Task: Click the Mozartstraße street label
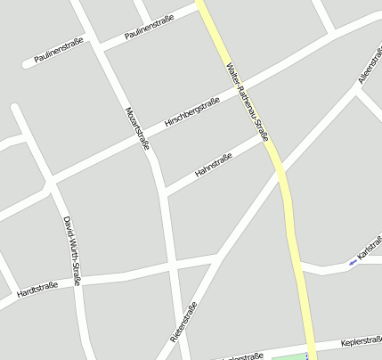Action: [x=136, y=127]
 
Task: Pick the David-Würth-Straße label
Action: [x=72, y=250]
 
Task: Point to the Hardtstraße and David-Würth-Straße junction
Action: [x=80, y=279]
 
